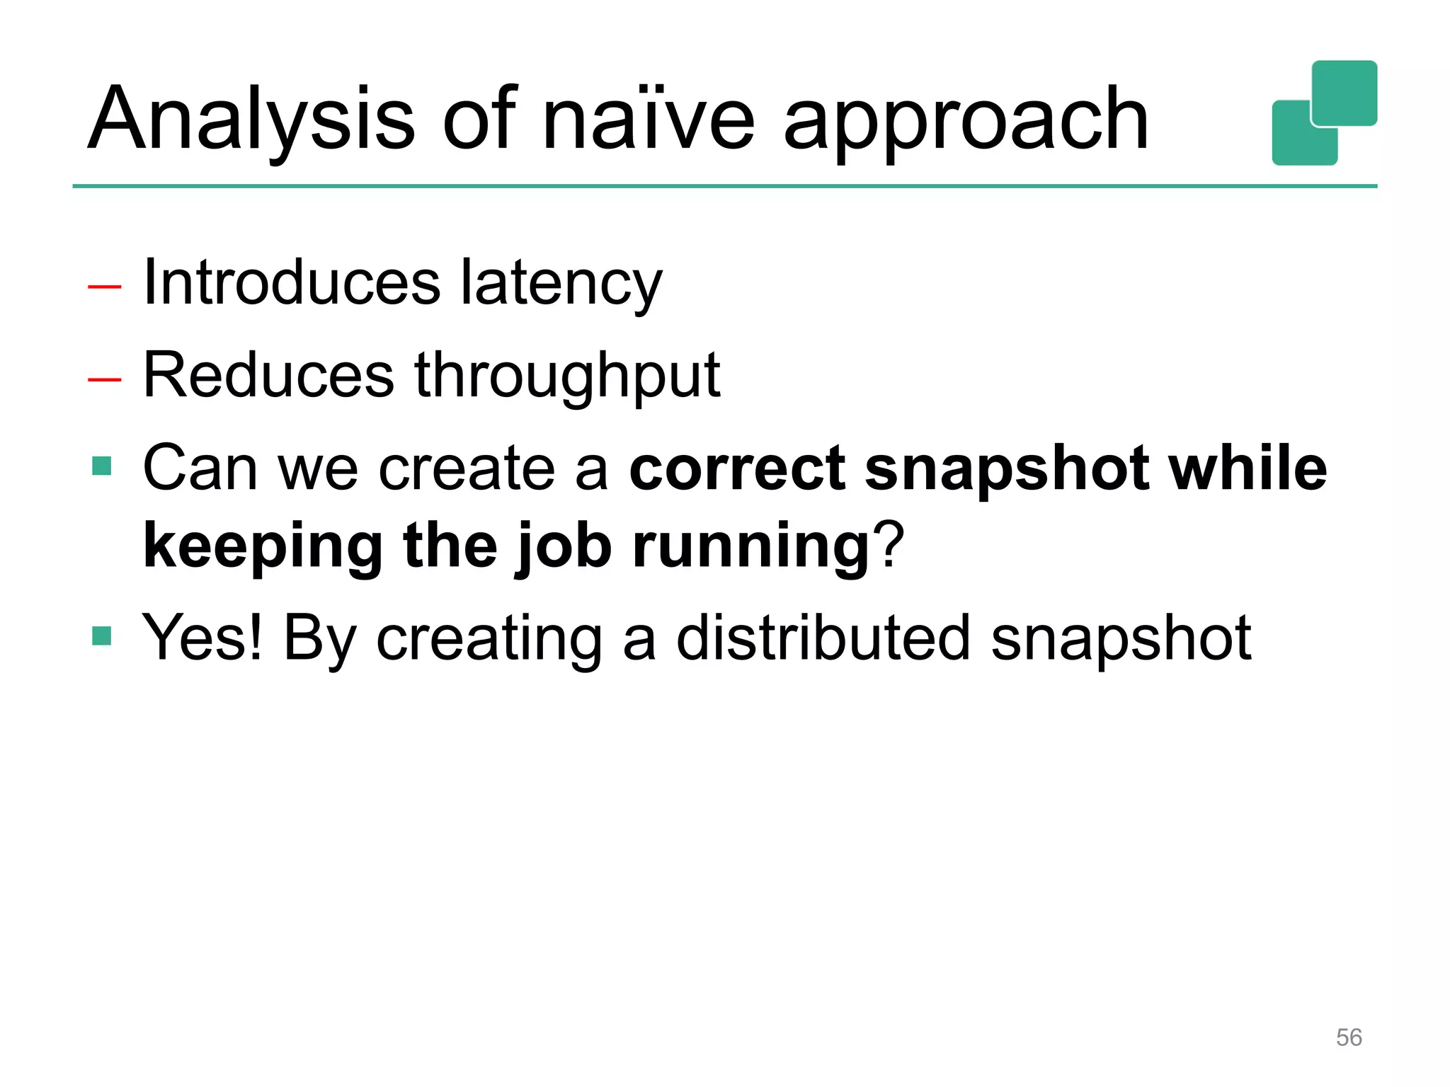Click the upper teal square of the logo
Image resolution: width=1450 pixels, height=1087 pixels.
point(1344,92)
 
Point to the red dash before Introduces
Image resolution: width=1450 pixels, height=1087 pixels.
point(105,287)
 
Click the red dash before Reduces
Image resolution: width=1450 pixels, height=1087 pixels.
point(105,379)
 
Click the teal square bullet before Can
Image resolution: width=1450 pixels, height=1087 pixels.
point(102,466)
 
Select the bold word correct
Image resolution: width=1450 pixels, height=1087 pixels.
point(737,468)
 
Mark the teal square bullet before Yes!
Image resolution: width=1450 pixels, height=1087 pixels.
point(102,636)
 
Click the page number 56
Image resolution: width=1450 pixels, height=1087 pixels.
point(1348,1037)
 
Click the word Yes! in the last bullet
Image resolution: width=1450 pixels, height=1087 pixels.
point(202,638)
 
